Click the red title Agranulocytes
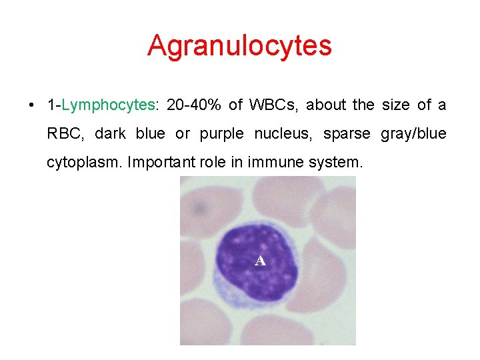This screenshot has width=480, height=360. pyautogui.click(x=239, y=46)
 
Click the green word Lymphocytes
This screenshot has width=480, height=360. pyautogui.click(x=108, y=105)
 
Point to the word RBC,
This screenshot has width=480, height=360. pyautogui.click(x=66, y=134)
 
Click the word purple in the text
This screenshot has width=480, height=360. pyautogui.click(x=221, y=134)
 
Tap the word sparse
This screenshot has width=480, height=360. pyautogui.click(x=346, y=134)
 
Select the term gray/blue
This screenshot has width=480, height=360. pyautogui.click(x=413, y=134)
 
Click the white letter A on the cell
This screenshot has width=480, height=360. pyautogui.click(x=260, y=261)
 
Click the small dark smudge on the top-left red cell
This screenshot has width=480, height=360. pyautogui.click(x=199, y=209)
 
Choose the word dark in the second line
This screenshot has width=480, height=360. pyautogui.click(x=110, y=134)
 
